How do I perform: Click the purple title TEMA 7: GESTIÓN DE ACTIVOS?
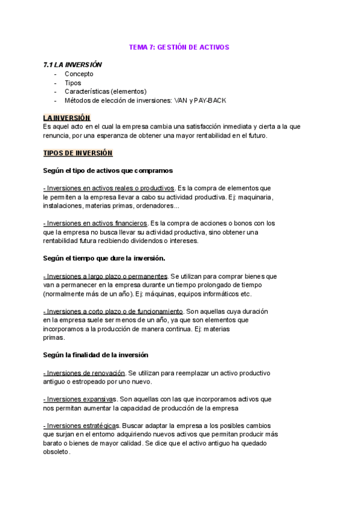[179, 47]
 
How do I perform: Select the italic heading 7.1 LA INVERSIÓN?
[73, 65]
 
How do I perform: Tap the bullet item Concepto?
[79, 74]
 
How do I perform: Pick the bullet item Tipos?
[73, 83]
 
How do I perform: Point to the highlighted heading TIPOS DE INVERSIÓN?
[78, 153]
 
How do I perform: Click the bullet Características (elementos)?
[106, 91]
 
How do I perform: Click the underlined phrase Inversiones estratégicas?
[83, 426]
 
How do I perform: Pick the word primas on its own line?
[54, 337]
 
